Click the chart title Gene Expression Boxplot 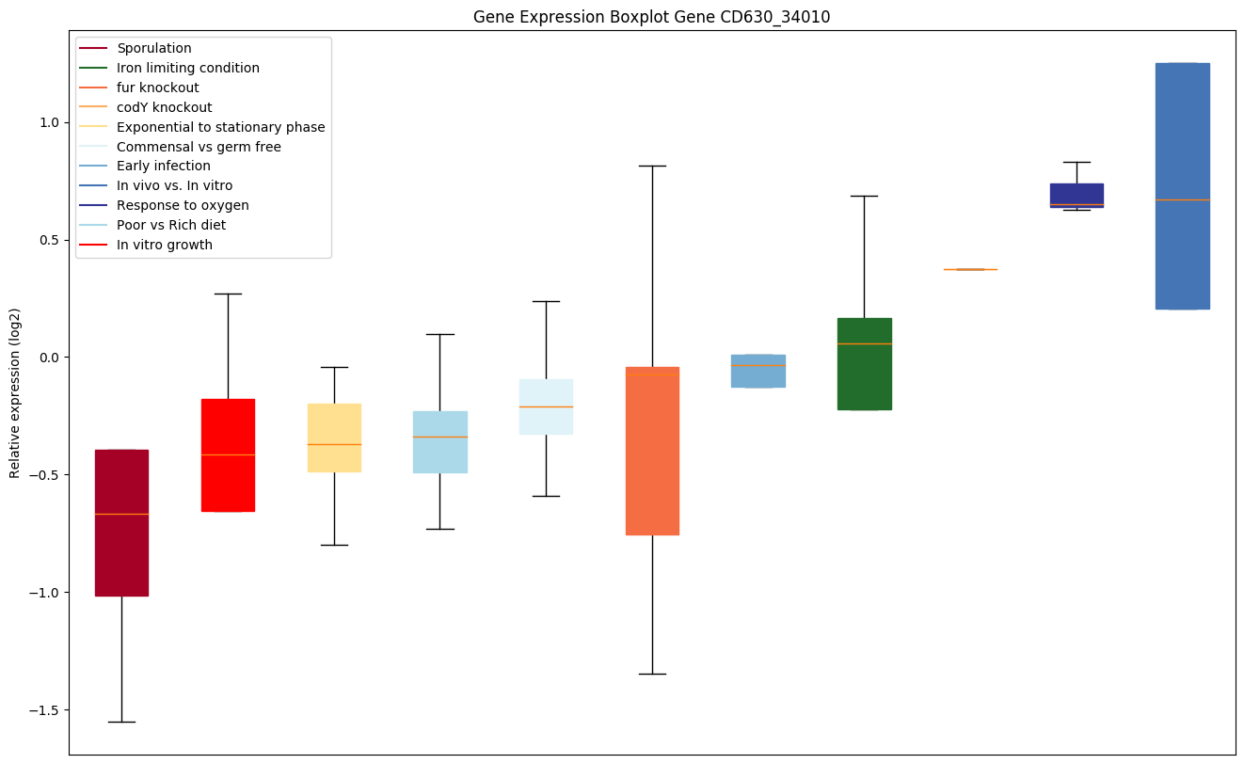(x=651, y=17)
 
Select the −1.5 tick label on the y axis (x=44, y=709)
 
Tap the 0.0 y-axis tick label (x=48, y=358)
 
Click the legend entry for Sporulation (x=153, y=48)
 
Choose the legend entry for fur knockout (x=157, y=88)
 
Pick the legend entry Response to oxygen (x=183, y=205)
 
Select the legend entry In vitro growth (x=164, y=245)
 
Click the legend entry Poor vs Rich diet (x=170, y=225)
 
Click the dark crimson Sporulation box (x=121, y=522)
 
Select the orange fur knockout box (x=652, y=451)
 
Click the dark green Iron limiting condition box (x=864, y=364)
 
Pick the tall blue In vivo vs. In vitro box (x=1182, y=185)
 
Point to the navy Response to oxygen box (x=1077, y=195)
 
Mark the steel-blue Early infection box (x=758, y=371)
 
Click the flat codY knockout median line (x=970, y=269)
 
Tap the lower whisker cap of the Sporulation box (x=121, y=722)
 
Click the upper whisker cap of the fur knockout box (x=652, y=166)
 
